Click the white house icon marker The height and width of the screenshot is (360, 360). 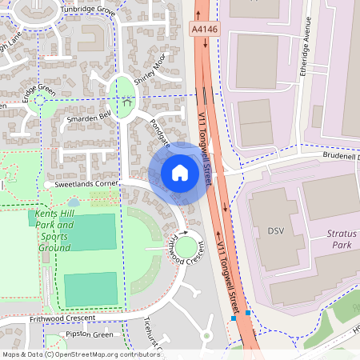click(180, 172)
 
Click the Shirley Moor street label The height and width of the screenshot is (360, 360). click(150, 70)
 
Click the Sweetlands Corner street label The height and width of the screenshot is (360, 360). click(86, 183)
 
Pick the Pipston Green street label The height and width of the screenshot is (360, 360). click(90, 334)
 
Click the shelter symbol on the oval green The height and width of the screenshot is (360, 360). click(125, 100)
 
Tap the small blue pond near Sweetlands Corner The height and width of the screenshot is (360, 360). click(73, 203)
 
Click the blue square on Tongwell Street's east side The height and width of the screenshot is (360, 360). click(249, 312)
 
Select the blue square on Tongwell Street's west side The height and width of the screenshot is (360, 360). click(234, 318)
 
